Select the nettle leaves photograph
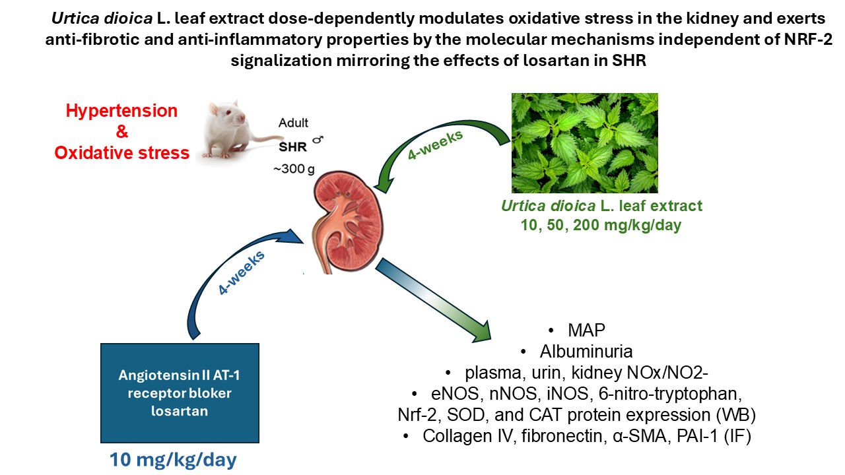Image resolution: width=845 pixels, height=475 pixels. point(584,142)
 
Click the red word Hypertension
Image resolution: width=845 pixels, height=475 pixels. point(121,111)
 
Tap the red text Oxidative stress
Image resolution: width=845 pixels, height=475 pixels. point(121,153)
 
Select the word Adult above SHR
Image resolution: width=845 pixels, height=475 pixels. point(292,123)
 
